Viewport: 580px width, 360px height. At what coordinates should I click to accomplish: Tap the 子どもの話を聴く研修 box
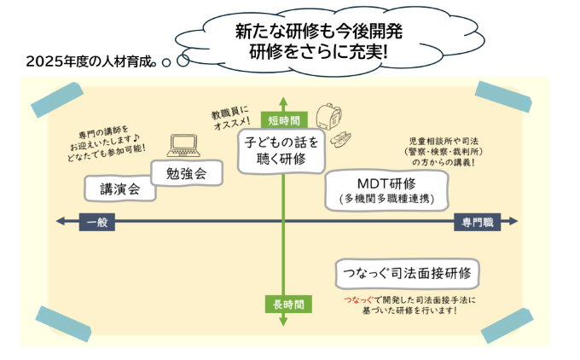point(282,149)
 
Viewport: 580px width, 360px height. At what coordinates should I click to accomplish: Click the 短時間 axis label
point(282,119)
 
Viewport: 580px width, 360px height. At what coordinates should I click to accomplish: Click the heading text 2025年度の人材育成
point(90,61)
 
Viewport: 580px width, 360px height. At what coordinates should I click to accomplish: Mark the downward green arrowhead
point(282,322)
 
